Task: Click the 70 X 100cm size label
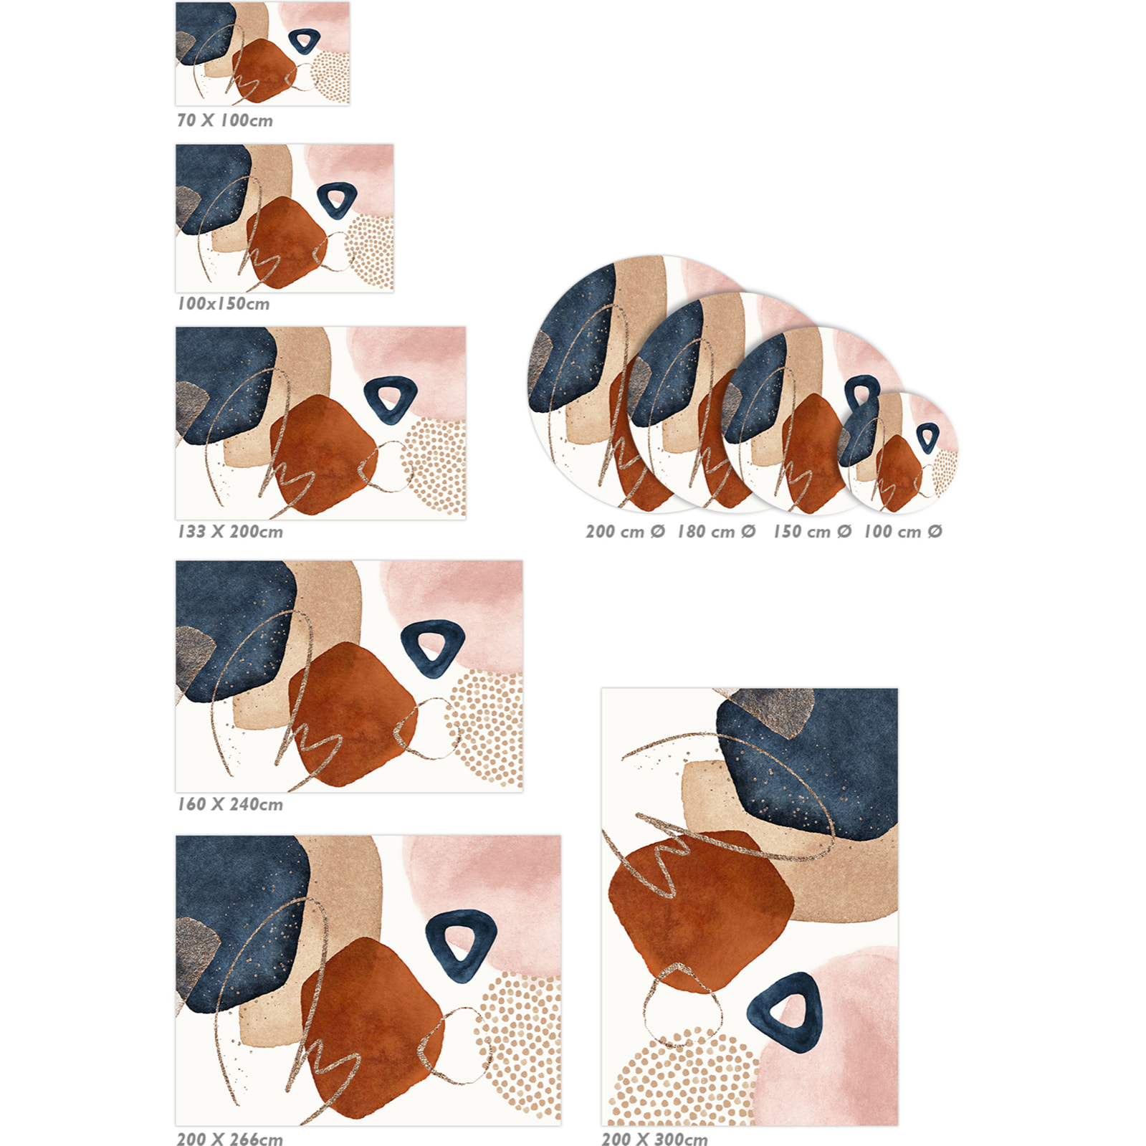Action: (225, 120)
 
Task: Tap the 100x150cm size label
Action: (224, 304)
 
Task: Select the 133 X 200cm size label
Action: (230, 532)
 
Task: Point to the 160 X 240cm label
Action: (230, 804)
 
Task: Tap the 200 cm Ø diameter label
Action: (625, 532)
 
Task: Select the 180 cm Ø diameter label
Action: (717, 532)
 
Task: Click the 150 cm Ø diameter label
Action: (812, 532)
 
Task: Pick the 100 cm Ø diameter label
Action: (903, 532)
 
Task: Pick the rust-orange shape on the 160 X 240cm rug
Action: (353, 713)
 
